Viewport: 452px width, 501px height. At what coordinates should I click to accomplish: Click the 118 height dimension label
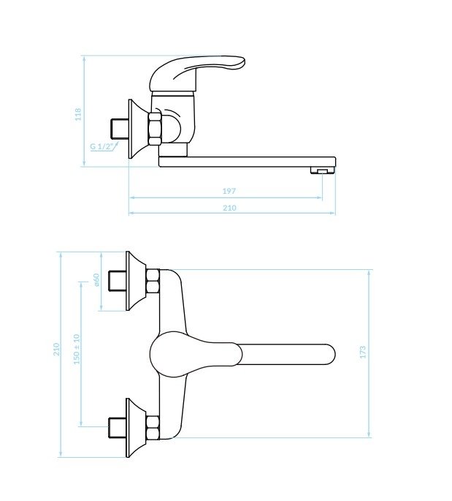(x=78, y=114)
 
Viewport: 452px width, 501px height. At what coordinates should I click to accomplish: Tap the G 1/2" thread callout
(x=102, y=146)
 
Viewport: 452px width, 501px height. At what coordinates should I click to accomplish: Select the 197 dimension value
(x=229, y=191)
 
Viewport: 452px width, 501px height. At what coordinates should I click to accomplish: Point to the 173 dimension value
(x=363, y=352)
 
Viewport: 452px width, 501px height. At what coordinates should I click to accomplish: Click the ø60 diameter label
(x=96, y=279)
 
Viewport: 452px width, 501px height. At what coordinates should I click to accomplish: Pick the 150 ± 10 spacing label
(x=77, y=349)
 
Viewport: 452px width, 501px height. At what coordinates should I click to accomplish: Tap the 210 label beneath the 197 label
(x=229, y=208)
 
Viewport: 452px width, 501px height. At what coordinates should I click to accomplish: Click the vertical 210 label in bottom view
(x=56, y=349)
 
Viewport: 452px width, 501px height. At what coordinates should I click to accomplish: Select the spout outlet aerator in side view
(x=323, y=170)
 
